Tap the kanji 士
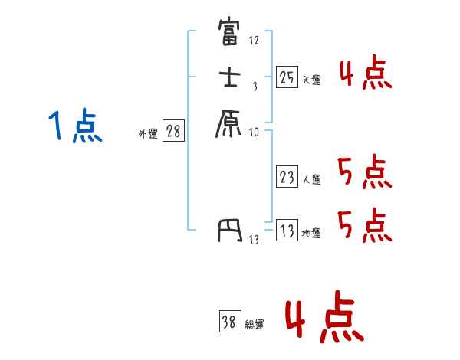(229, 79)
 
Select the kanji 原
(229, 122)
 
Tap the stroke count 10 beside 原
(254, 133)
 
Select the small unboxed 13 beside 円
(254, 240)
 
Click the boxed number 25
(287, 77)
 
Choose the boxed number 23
(287, 178)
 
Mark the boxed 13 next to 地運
(287, 231)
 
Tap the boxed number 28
(173, 132)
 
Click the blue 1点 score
(74, 126)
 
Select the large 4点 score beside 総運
(324, 319)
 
